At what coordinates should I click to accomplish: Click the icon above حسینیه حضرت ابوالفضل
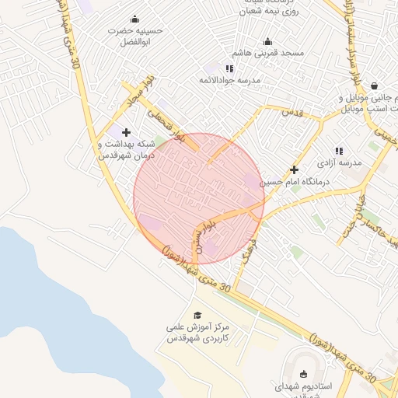[134, 19]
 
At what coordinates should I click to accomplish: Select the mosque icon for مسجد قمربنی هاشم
[268, 41]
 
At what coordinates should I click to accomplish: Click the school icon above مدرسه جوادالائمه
[229, 68]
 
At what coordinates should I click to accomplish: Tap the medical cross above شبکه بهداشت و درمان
[126, 132]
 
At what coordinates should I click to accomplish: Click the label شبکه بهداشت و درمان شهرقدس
[126, 149]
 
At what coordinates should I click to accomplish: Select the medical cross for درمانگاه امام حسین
[294, 169]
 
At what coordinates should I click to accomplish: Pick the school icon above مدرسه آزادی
[339, 151]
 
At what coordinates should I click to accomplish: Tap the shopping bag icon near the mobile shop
[375, 86]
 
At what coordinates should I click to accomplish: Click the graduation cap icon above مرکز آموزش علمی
[197, 315]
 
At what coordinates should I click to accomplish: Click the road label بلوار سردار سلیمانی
[355, 47]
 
